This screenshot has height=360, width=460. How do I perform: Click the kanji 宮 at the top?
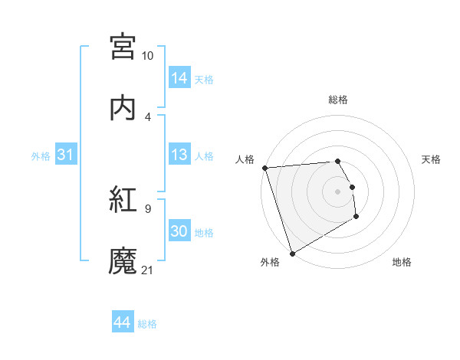coord(123,47)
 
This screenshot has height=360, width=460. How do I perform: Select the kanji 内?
coord(123,108)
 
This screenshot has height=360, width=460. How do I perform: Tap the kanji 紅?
coord(123,200)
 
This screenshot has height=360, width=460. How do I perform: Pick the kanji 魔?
coord(123,261)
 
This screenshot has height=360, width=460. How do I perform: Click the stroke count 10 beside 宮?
coord(147,56)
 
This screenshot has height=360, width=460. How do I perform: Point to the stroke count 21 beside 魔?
coord(147,270)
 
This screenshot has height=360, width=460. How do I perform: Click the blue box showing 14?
coord(179,78)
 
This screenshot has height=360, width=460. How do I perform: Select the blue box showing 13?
coord(179,155)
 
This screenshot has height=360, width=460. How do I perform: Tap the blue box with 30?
coord(179,231)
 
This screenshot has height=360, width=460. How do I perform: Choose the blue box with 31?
coord(66,155)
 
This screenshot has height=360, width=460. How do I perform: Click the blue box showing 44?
coord(123,322)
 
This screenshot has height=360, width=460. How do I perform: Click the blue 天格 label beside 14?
coord(204,80)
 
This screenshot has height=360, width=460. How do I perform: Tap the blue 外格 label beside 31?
coord(41,156)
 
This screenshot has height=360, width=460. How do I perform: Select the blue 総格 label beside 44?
coord(147,324)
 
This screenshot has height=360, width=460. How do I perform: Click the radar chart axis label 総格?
coord(337,100)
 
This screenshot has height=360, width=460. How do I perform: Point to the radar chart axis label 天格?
coord(431,159)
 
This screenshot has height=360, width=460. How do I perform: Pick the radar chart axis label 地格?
coord(402,262)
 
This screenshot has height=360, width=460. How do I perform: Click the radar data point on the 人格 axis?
coord(264,168)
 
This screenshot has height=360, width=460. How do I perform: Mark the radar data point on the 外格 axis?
coord(291,253)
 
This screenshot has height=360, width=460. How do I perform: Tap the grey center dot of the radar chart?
coord(337,191)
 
